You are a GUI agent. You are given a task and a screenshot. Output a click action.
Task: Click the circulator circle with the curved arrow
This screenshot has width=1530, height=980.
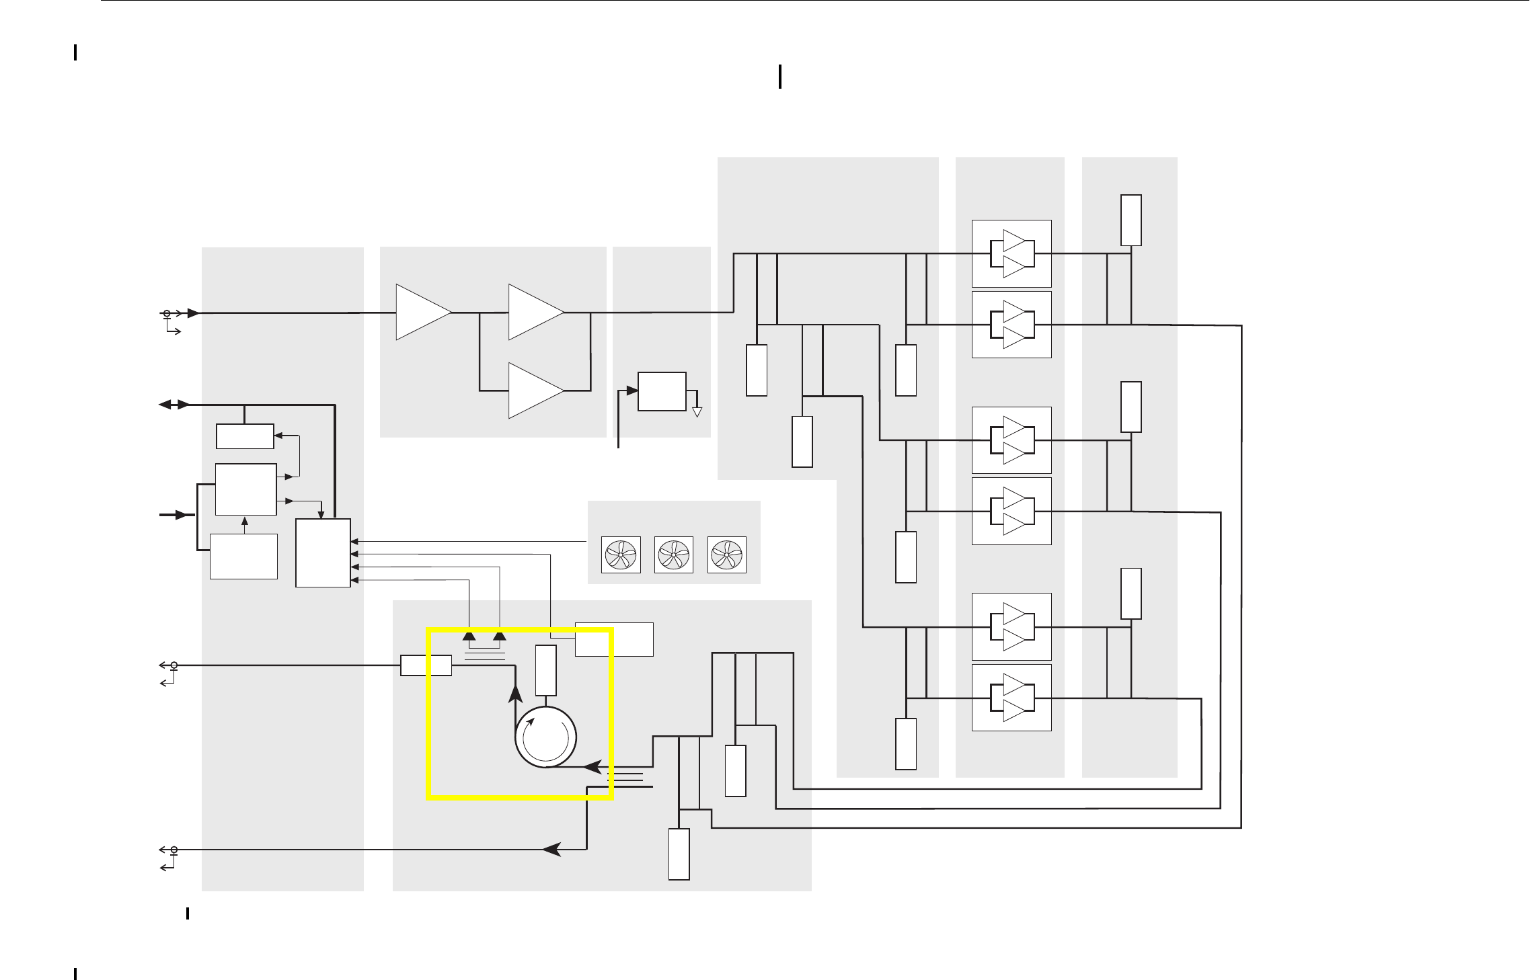click(545, 737)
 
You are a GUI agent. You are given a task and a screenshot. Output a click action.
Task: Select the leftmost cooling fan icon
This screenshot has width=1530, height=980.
click(621, 555)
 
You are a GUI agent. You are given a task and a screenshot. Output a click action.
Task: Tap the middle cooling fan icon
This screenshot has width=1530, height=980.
click(674, 555)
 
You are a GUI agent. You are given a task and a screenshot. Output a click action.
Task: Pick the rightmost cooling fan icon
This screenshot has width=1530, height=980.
click(727, 555)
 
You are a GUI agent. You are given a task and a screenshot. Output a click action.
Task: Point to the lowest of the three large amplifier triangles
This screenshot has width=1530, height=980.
click(535, 391)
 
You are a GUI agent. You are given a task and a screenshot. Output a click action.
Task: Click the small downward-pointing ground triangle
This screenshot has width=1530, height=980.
click(697, 412)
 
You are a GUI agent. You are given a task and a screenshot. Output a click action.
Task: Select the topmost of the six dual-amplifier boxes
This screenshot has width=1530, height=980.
click(1011, 253)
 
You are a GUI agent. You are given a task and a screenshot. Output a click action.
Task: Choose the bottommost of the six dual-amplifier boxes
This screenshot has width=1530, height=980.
click(1011, 698)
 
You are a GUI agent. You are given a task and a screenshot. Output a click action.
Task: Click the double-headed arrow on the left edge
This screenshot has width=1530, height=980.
click(174, 405)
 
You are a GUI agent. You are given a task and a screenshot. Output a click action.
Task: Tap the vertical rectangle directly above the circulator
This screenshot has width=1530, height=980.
click(545, 670)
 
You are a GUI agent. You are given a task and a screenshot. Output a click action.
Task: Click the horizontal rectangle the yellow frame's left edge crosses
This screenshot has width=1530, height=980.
click(426, 665)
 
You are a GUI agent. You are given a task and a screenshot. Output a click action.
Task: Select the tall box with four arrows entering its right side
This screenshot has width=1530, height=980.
click(323, 553)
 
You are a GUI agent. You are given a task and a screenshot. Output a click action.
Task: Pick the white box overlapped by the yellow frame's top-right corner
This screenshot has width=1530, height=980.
click(614, 639)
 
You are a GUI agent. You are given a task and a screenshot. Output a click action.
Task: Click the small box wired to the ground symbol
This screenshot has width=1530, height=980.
click(662, 391)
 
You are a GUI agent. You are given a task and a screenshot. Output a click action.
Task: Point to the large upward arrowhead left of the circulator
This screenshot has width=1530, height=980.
click(515, 694)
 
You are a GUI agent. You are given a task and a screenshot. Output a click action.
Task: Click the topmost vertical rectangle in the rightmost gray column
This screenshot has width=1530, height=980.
click(1131, 220)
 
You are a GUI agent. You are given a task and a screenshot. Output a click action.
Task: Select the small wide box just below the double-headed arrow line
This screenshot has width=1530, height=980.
click(245, 436)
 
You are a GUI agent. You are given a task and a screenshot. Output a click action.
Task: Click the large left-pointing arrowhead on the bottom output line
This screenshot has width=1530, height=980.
click(552, 850)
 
